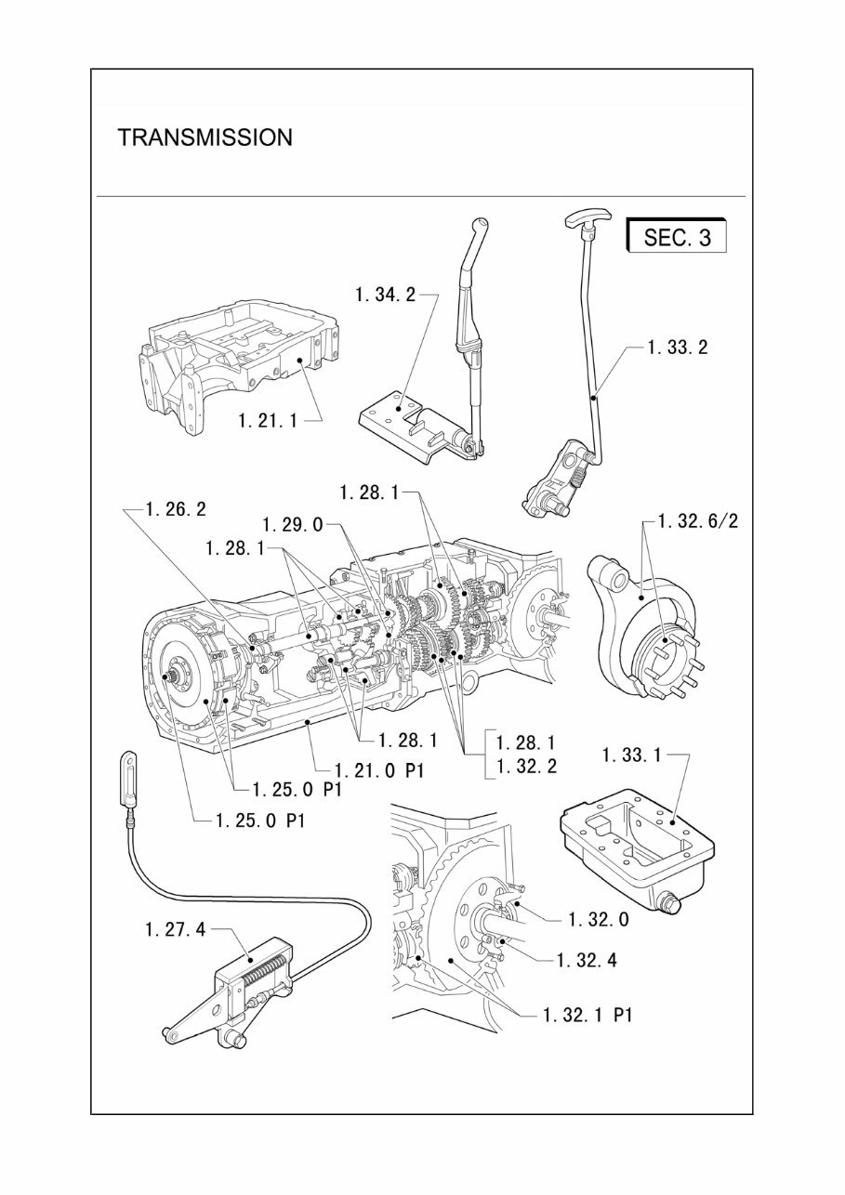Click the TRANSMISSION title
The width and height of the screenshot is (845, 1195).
pos(205,138)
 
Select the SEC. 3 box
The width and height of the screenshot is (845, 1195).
pos(677,236)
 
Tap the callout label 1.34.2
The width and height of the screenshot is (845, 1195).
pos(384,295)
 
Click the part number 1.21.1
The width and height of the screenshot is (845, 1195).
pos(268,420)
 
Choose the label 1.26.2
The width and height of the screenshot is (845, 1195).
pos(177,508)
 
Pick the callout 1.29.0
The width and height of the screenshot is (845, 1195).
pos(292,524)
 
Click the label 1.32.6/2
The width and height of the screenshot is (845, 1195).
pos(698,521)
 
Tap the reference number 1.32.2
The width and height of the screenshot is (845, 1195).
pos(526,768)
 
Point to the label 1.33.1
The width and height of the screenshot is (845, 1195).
pos(631,755)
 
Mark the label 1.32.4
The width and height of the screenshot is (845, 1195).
pos(587,960)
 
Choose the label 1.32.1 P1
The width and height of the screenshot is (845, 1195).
pos(588,1015)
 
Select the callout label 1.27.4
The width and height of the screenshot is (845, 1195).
pos(175,929)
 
